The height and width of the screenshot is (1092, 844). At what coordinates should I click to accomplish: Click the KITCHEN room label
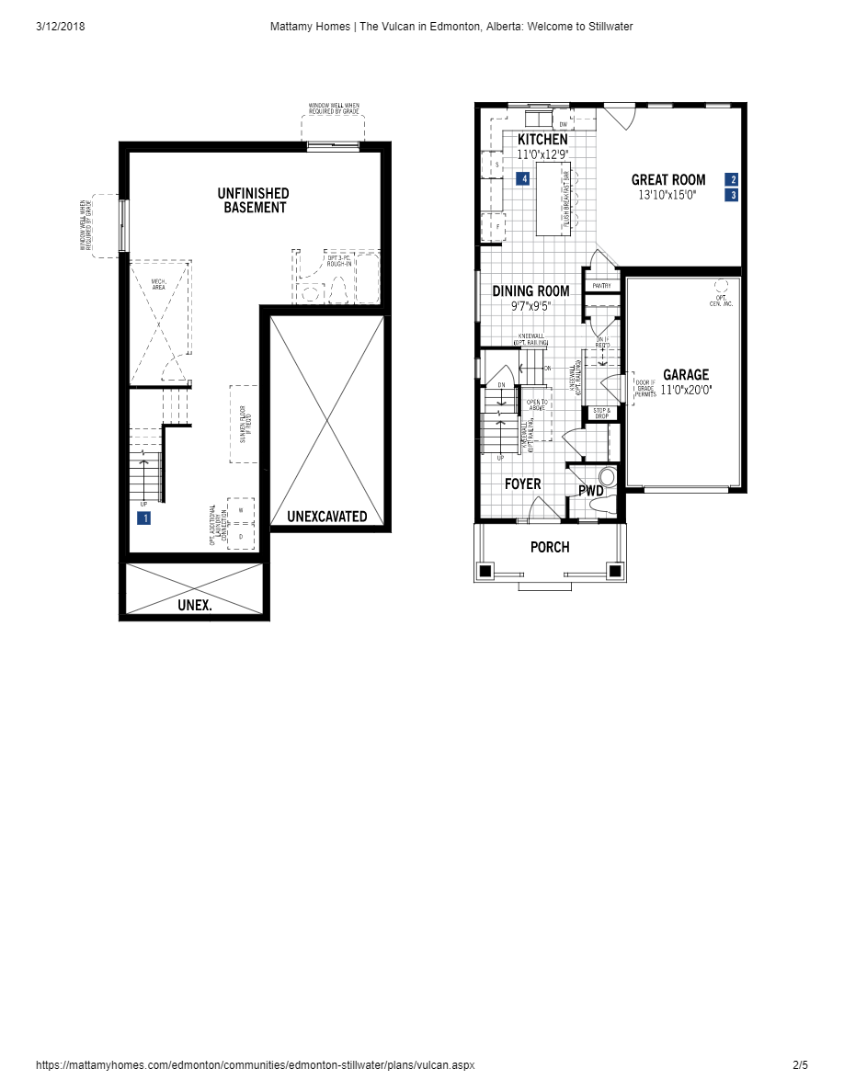pyautogui.click(x=542, y=140)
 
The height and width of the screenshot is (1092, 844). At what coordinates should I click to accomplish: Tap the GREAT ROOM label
pyautogui.click(x=668, y=180)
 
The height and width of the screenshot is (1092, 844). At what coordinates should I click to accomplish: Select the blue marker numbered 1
pyautogui.click(x=144, y=518)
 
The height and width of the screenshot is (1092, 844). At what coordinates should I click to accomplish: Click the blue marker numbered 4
pyautogui.click(x=523, y=179)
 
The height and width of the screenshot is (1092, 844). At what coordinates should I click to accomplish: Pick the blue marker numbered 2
pyautogui.click(x=733, y=179)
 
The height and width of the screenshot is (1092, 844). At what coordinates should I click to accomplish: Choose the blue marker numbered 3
pyautogui.click(x=733, y=195)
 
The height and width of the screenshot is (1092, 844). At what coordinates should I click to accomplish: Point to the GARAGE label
pyautogui.click(x=686, y=375)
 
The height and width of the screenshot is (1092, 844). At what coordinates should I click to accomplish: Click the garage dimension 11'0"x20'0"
pyautogui.click(x=686, y=390)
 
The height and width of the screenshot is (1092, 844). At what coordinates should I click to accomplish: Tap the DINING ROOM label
pyautogui.click(x=530, y=291)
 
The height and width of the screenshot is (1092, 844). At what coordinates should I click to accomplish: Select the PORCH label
pyautogui.click(x=550, y=548)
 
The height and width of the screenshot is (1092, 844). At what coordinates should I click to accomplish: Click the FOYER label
pyautogui.click(x=522, y=484)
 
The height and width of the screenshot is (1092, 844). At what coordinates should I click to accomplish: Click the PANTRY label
pyautogui.click(x=602, y=286)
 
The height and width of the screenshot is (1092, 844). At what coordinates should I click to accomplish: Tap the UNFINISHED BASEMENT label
pyautogui.click(x=253, y=200)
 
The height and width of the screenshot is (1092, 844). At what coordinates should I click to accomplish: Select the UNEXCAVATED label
pyautogui.click(x=326, y=517)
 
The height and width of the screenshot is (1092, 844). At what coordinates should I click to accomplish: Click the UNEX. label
pyautogui.click(x=195, y=606)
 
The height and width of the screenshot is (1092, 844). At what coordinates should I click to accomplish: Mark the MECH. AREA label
pyautogui.click(x=159, y=285)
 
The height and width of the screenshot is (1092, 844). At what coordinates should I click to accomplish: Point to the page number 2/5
pyautogui.click(x=800, y=1065)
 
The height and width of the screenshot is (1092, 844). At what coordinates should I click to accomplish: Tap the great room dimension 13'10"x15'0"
pyautogui.click(x=668, y=195)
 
